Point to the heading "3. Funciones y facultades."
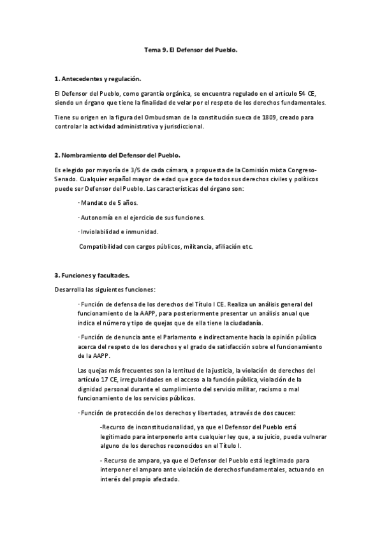tap(92, 276)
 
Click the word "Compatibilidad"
tap(101, 246)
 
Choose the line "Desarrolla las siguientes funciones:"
tap(101, 290)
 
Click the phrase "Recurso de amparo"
tap(128, 461)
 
